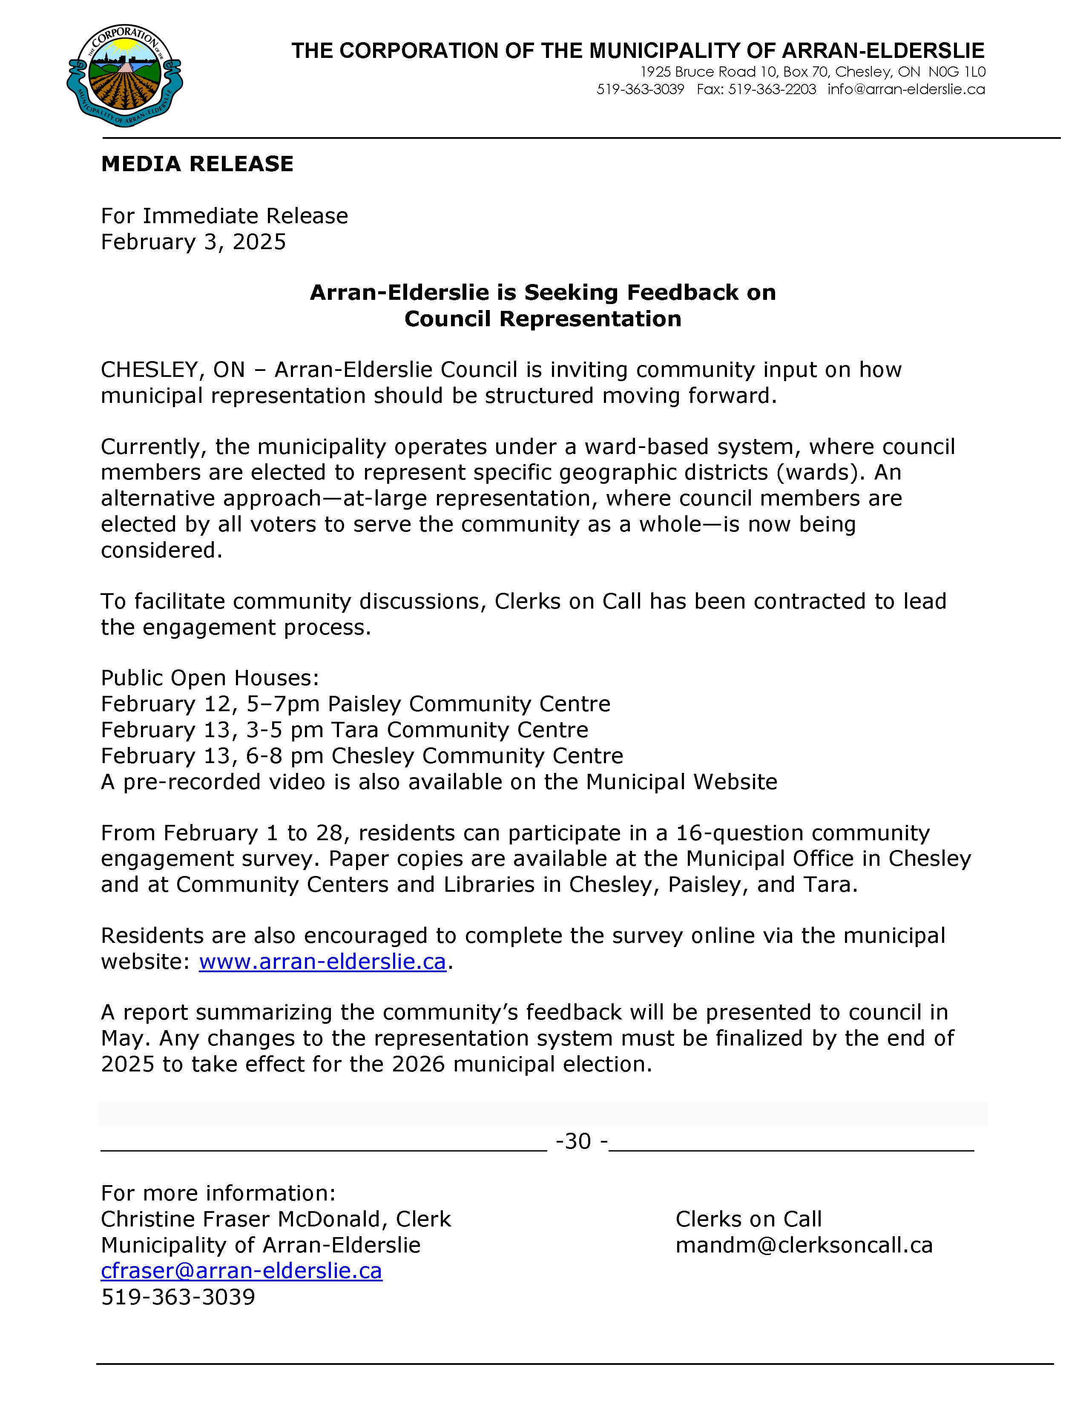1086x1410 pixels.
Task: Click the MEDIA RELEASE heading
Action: point(197,164)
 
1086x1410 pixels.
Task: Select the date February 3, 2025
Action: point(193,242)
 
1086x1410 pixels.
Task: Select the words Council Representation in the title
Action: point(542,319)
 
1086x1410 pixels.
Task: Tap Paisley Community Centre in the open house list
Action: point(469,704)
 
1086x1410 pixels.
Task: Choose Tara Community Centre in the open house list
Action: point(459,729)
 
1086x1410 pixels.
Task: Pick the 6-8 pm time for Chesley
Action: point(285,755)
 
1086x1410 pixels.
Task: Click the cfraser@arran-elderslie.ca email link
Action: point(241,1271)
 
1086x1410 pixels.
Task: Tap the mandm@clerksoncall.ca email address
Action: point(804,1245)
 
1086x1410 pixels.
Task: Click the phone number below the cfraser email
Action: point(178,1296)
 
